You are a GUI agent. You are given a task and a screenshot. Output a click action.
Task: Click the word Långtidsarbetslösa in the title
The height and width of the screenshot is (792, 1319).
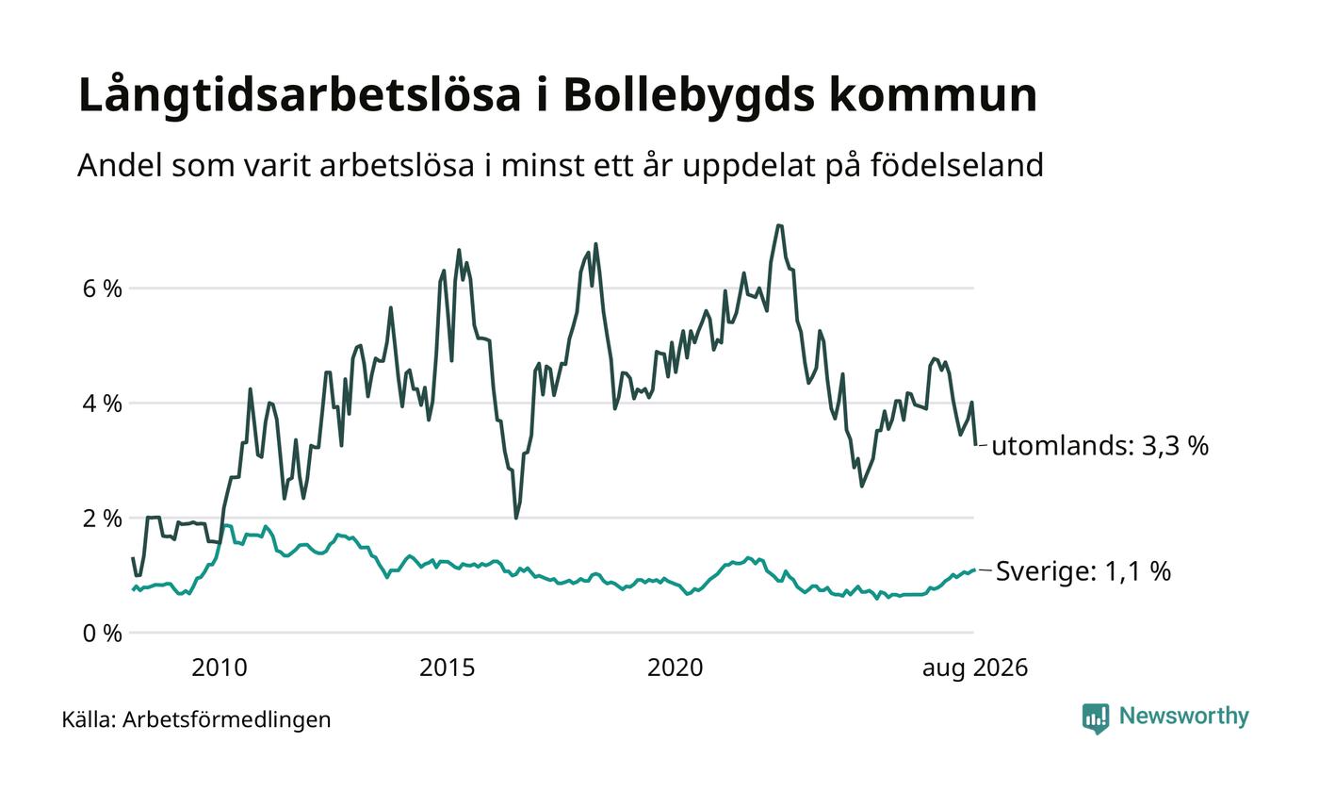pyautogui.click(x=300, y=96)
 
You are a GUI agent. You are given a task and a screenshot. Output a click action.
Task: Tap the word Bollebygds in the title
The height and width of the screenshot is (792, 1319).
pyautogui.click(x=689, y=96)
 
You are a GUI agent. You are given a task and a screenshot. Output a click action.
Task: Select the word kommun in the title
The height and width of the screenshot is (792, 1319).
pyautogui.click(x=934, y=95)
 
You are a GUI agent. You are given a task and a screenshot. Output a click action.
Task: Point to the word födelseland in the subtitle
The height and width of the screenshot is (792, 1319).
pyautogui.click(x=957, y=165)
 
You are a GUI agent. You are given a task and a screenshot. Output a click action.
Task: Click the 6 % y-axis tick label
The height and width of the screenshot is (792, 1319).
pyautogui.click(x=103, y=289)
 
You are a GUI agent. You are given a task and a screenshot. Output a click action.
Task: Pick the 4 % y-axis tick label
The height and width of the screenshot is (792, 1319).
pyautogui.click(x=103, y=404)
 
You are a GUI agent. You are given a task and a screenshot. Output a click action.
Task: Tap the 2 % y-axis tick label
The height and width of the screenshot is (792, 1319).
pyautogui.click(x=103, y=519)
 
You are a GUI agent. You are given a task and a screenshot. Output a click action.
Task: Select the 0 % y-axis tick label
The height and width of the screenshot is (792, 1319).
pyautogui.click(x=103, y=634)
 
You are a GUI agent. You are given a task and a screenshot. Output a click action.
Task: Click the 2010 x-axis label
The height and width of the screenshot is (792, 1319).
pyautogui.click(x=219, y=668)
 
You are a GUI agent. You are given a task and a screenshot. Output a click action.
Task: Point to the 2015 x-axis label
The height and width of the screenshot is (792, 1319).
pyautogui.click(x=447, y=668)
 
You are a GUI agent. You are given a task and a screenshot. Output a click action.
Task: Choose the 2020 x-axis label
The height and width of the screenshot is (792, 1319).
pyautogui.click(x=675, y=668)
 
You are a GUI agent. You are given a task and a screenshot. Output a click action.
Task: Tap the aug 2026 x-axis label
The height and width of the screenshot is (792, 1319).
pyautogui.click(x=974, y=668)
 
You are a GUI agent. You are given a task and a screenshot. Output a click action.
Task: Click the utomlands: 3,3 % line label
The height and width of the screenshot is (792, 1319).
pyautogui.click(x=1100, y=446)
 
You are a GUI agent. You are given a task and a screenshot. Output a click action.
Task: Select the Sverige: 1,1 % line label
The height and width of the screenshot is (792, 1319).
pyautogui.click(x=1083, y=571)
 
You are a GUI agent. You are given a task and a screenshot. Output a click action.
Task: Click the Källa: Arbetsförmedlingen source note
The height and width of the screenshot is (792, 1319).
pyautogui.click(x=196, y=719)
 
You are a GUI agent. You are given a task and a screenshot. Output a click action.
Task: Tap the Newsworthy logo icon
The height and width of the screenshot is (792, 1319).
pyautogui.click(x=1095, y=718)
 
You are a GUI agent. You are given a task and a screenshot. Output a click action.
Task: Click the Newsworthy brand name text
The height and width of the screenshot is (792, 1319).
pyautogui.click(x=1183, y=717)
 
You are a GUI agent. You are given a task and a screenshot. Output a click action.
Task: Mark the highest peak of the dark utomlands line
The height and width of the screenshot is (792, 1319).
pyautogui.click(x=779, y=225)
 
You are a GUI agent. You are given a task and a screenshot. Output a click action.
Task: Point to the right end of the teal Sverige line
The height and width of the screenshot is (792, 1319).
pyautogui.click(x=975, y=569)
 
